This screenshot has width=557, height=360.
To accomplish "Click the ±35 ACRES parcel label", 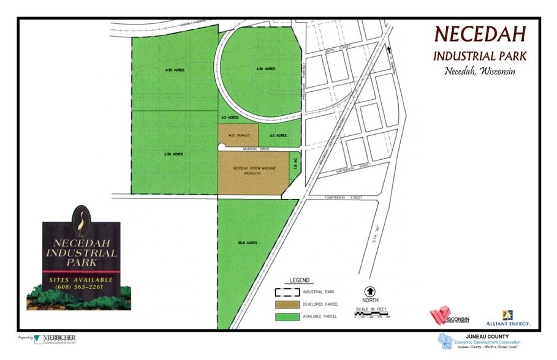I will point(175,70).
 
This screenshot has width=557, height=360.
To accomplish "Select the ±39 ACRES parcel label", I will point(174,154).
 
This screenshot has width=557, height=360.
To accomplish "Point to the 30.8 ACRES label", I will point(248,242).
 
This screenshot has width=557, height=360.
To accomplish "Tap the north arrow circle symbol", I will point(370,292).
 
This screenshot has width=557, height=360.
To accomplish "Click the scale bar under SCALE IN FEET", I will point(371,315).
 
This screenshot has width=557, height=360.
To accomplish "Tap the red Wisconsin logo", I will point(449,317).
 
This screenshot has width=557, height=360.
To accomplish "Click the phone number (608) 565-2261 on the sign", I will point(77,287).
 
